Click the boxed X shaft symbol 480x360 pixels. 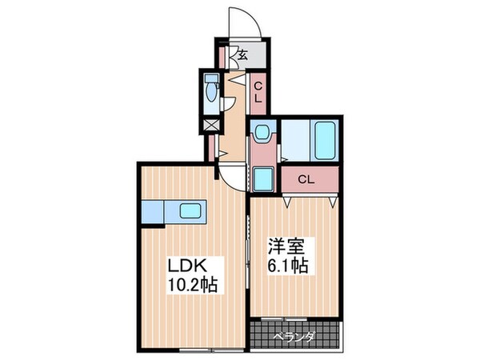point(211,125)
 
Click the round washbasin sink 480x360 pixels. point(264,132)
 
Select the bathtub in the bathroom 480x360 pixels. point(325,140)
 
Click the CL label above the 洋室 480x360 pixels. point(306,179)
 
